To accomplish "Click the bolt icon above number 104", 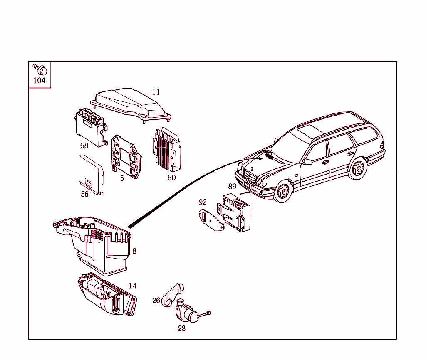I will (x=40, y=69).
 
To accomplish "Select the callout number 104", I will (x=39, y=81).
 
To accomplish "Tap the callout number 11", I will (x=156, y=92).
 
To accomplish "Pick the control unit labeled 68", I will (x=90, y=126).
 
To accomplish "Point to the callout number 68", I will (x=84, y=145).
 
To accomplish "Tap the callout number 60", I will (x=171, y=178).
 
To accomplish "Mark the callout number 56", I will (x=84, y=194).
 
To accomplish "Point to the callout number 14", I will (x=132, y=286).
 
